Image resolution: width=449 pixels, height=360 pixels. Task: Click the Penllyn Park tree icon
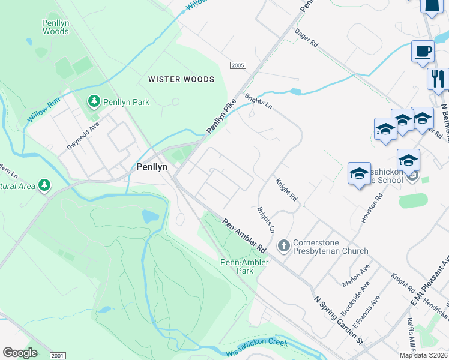pyautogui.click(x=94, y=102)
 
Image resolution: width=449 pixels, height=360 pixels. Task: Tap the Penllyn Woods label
pyautogui.click(x=56, y=27)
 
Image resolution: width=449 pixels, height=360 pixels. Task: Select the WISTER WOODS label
pyautogui.click(x=181, y=79)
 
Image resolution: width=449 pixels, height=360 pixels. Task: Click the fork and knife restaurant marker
pyautogui.click(x=438, y=79)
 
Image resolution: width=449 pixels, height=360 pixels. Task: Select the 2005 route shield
pyautogui.click(x=238, y=65)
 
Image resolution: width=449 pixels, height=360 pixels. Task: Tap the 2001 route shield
pyautogui.click(x=58, y=356)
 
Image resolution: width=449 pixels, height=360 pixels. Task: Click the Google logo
pyautogui.click(x=20, y=353)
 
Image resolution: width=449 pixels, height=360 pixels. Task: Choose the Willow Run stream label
pyautogui.click(x=44, y=107)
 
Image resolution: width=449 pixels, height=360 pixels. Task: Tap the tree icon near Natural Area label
pyautogui.click(x=44, y=185)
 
